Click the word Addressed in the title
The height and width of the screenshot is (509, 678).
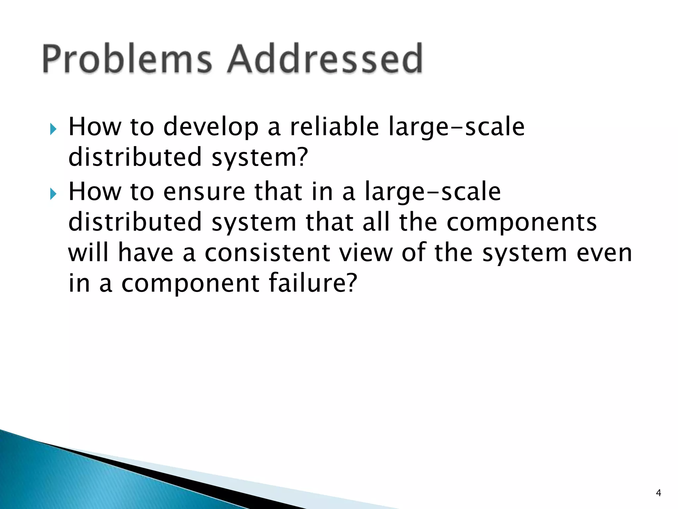(325, 59)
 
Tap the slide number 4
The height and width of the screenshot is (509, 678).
(658, 493)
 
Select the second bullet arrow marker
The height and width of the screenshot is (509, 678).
(53, 194)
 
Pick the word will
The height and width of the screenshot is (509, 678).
(88, 253)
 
